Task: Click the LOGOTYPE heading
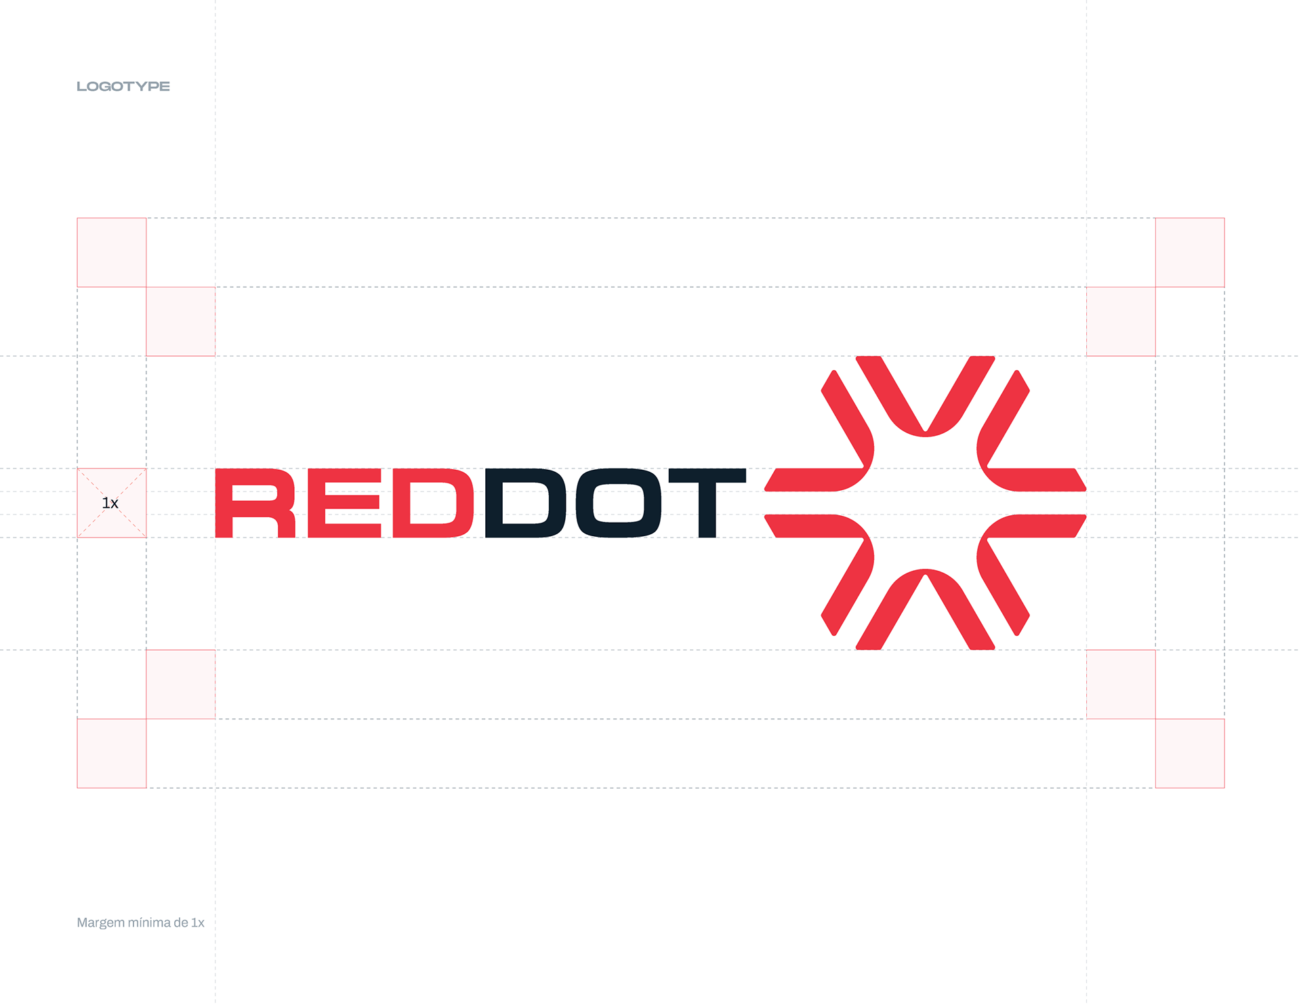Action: [123, 86]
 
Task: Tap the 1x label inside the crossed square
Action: [110, 503]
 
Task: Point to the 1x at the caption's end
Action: [197, 923]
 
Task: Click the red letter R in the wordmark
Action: [255, 503]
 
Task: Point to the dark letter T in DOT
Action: [705, 503]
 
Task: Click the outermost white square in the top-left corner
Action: [112, 252]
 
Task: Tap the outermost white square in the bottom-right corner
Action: [1189, 753]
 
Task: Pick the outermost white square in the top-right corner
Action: [1189, 252]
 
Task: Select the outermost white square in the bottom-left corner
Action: [112, 753]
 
